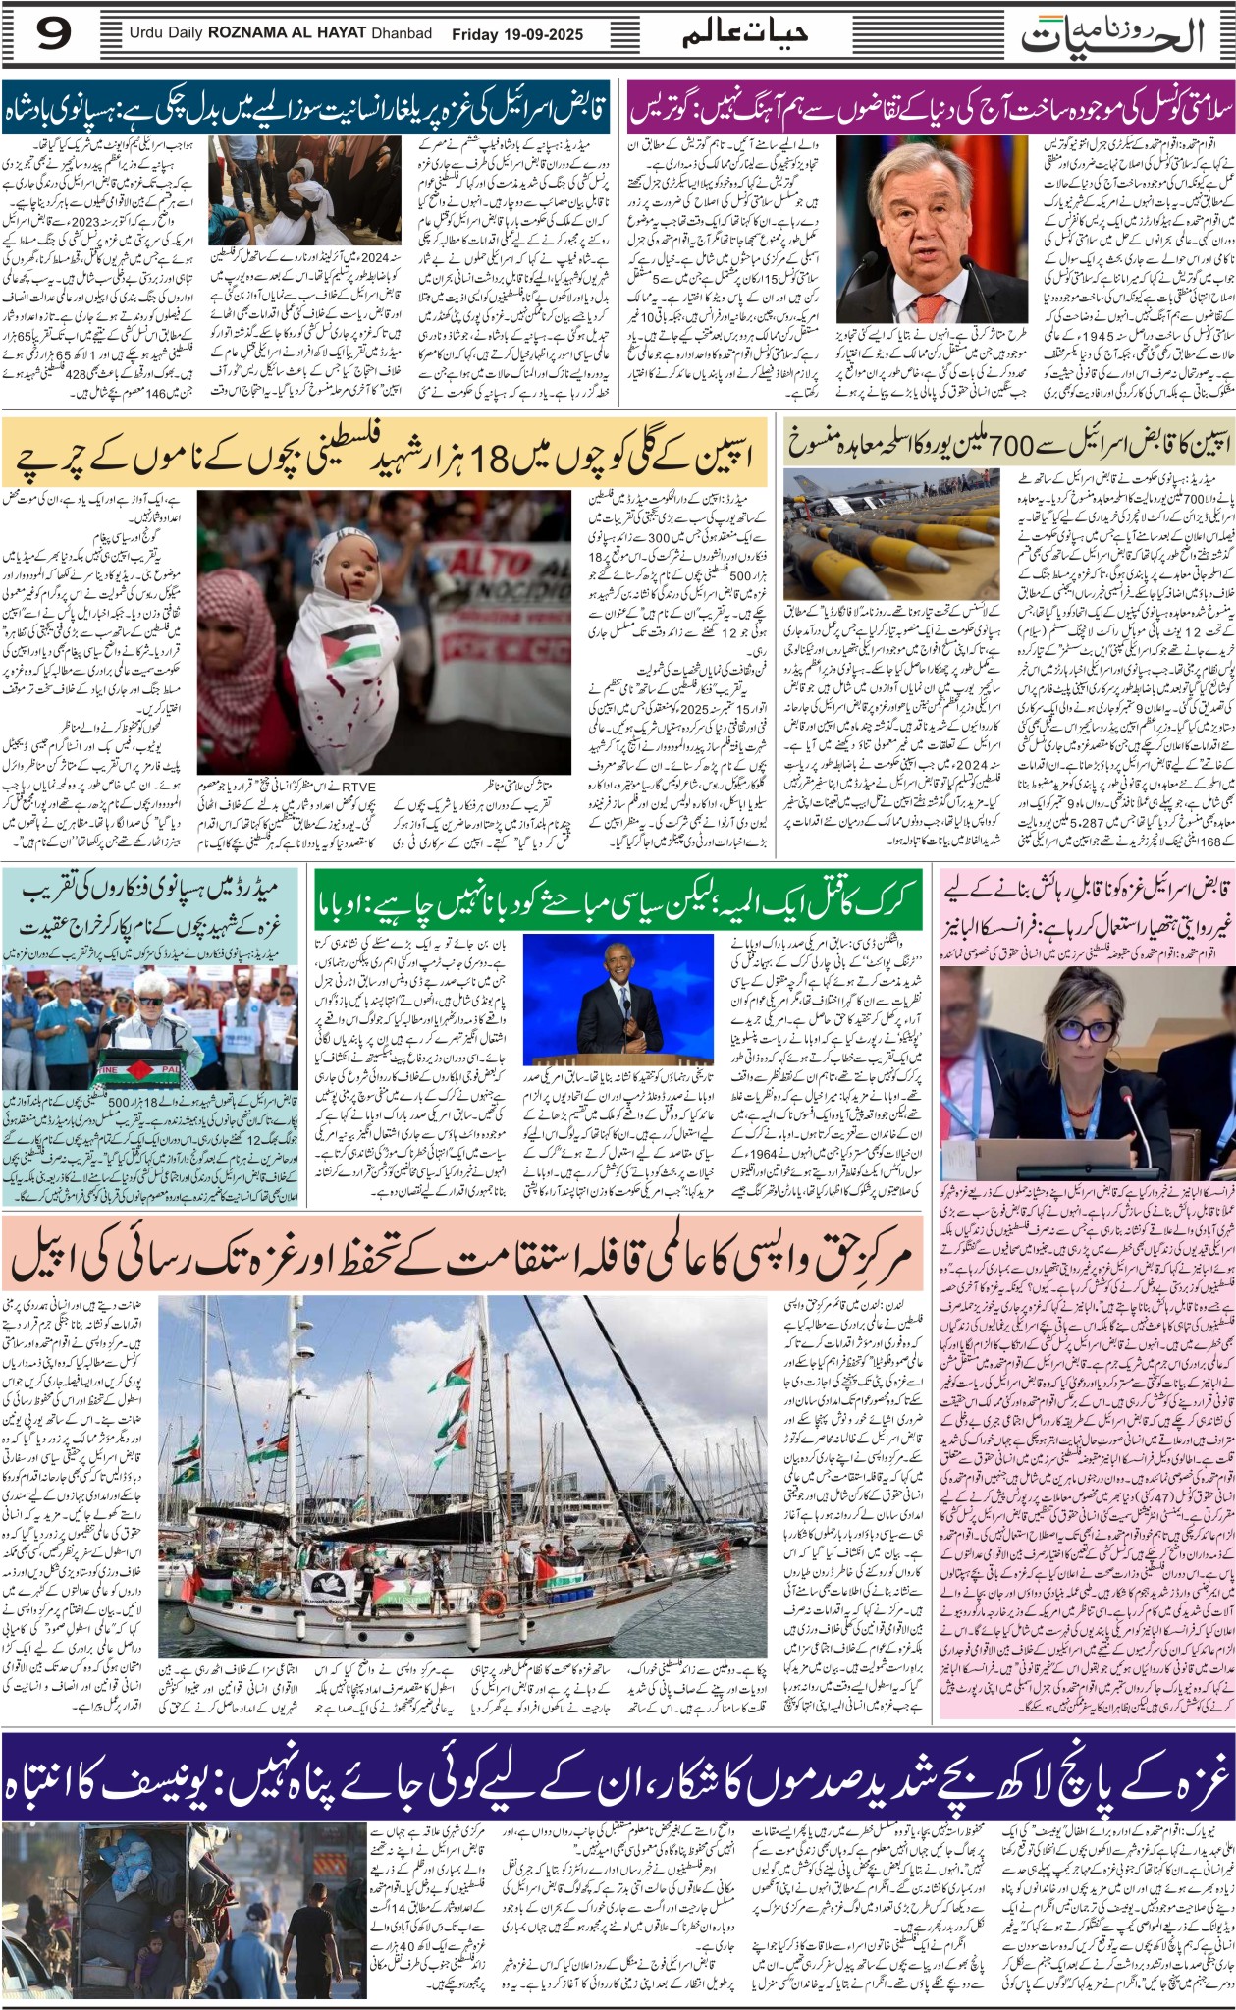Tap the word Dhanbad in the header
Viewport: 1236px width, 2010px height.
point(401,34)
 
